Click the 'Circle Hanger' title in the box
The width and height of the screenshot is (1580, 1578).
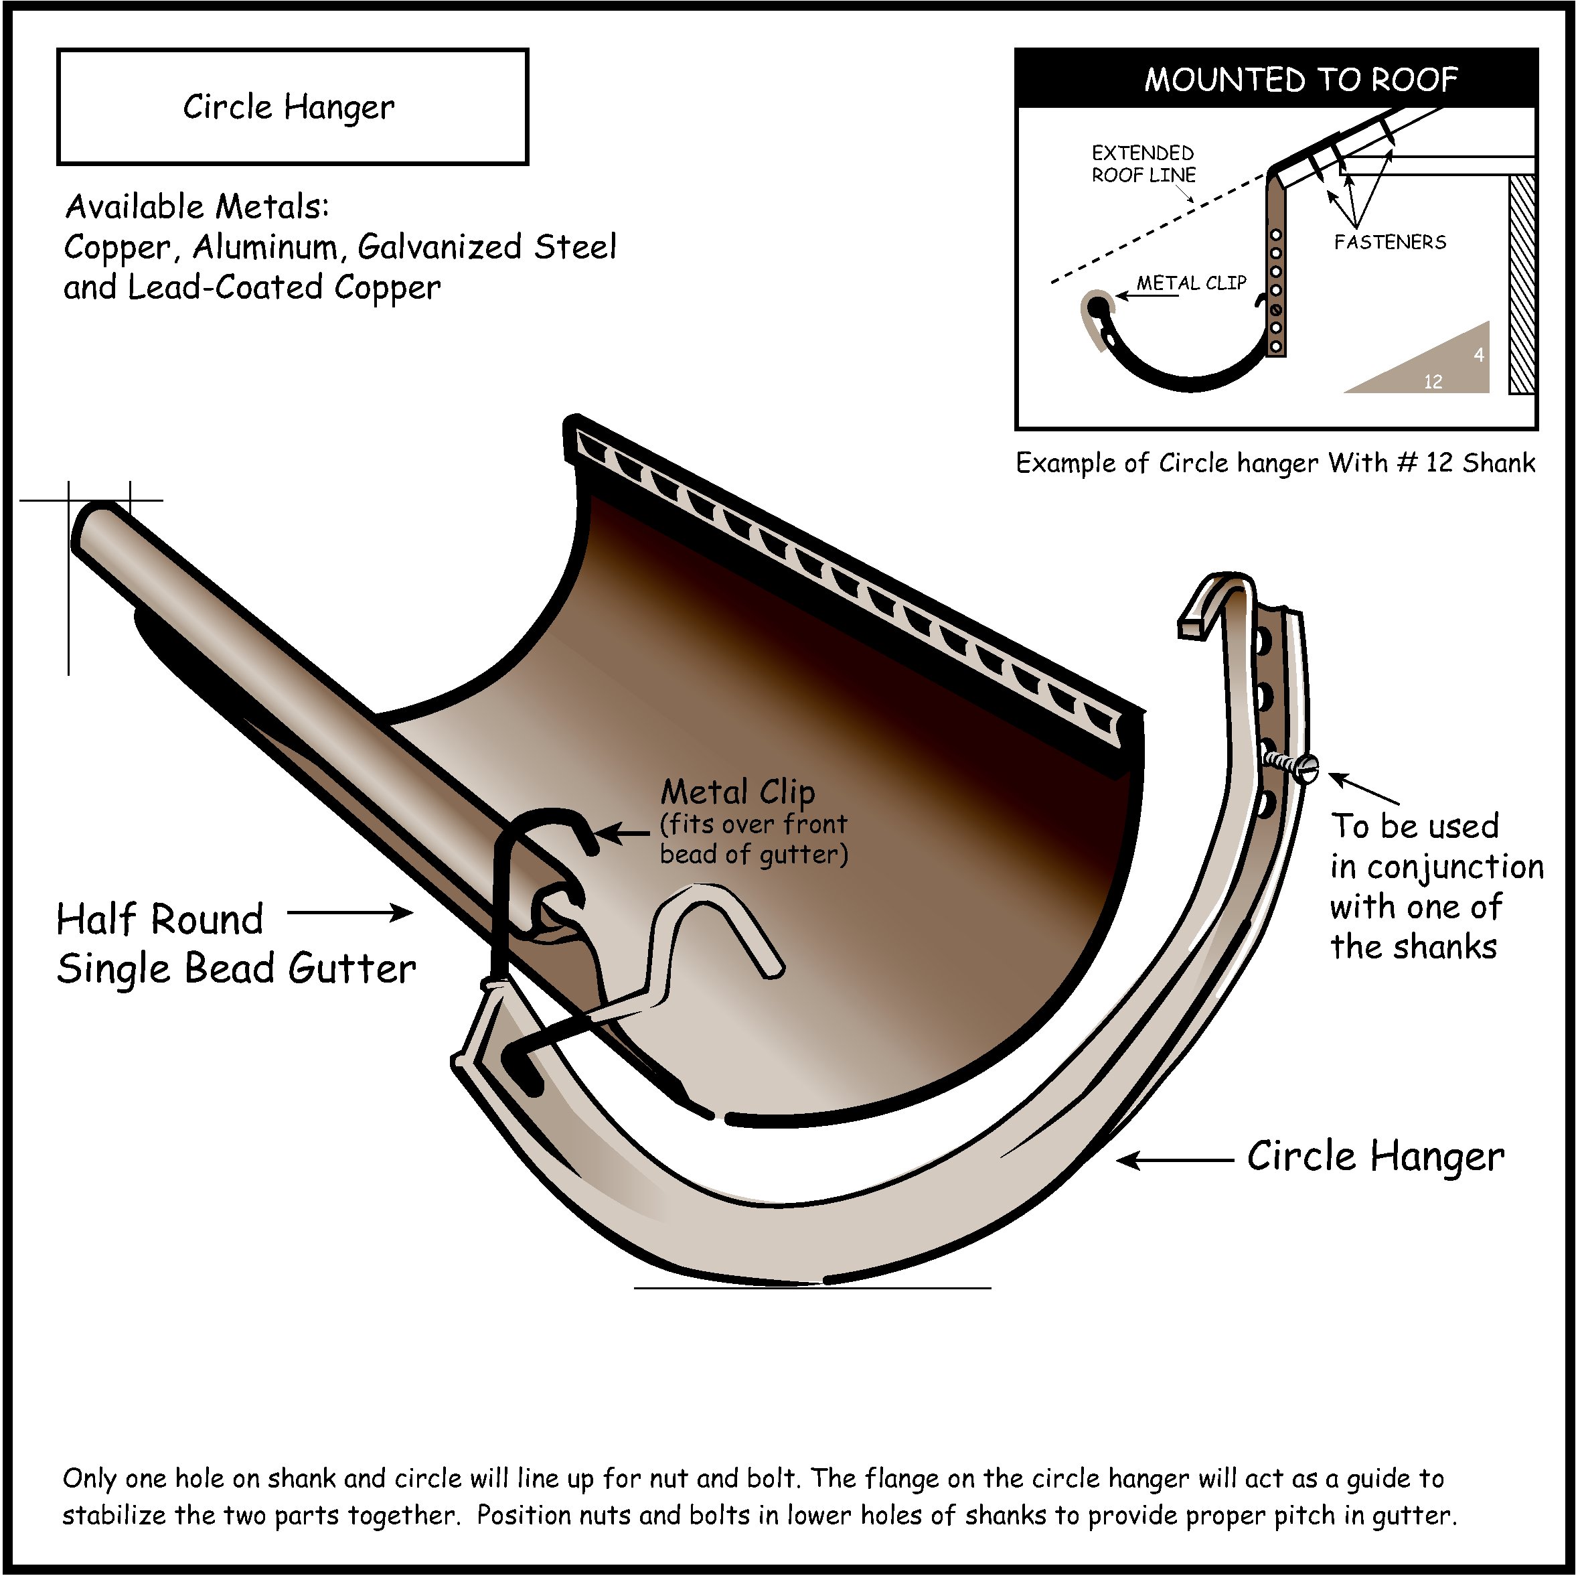click(x=288, y=107)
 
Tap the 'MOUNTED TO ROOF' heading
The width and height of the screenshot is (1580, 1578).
click(x=1299, y=79)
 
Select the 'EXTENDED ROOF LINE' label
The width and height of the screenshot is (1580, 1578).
click(x=1143, y=163)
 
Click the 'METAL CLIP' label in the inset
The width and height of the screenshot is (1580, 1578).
click(x=1191, y=283)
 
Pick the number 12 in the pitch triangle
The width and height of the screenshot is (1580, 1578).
click(x=1432, y=381)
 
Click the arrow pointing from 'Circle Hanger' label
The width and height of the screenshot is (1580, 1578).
click(x=1174, y=1160)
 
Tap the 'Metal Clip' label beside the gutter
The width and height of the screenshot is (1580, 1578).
click(x=738, y=792)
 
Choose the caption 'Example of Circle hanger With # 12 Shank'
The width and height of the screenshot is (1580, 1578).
click(x=1275, y=463)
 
